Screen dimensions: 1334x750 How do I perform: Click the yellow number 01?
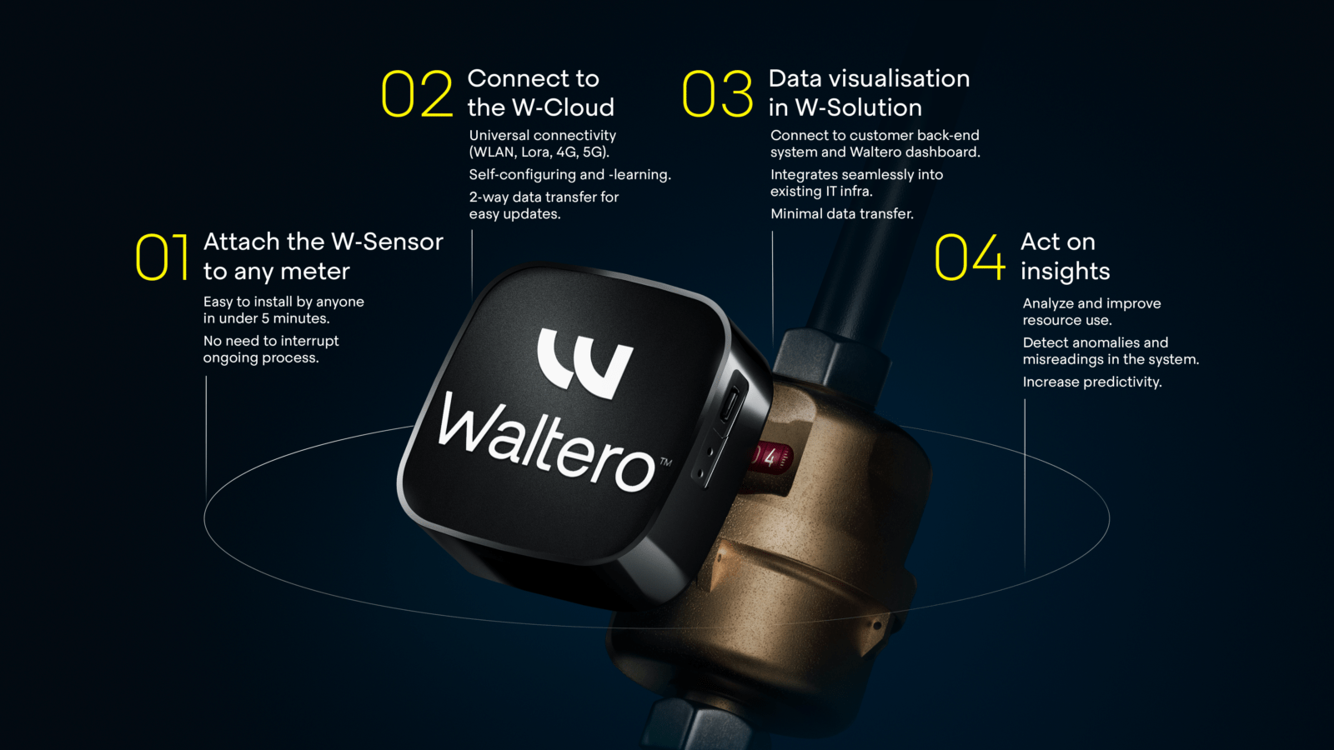click(x=162, y=257)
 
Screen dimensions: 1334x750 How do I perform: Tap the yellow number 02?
click(x=417, y=93)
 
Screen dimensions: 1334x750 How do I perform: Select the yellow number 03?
click(x=718, y=93)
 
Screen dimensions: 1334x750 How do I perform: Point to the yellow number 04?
click(x=970, y=257)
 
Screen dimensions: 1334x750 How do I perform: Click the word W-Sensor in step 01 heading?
click(x=387, y=242)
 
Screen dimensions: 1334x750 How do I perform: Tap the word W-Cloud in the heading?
click(x=563, y=107)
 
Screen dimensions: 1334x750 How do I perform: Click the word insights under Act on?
click(x=1065, y=272)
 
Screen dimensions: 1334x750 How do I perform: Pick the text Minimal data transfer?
click(x=841, y=213)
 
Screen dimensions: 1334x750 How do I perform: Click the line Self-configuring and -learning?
click(x=570, y=175)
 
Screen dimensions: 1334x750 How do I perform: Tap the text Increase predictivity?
click(x=1092, y=382)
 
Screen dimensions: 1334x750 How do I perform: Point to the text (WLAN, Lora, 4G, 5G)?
click(x=539, y=152)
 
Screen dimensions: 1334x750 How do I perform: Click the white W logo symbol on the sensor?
click(x=584, y=362)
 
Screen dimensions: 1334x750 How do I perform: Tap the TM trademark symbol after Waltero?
click(x=666, y=462)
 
